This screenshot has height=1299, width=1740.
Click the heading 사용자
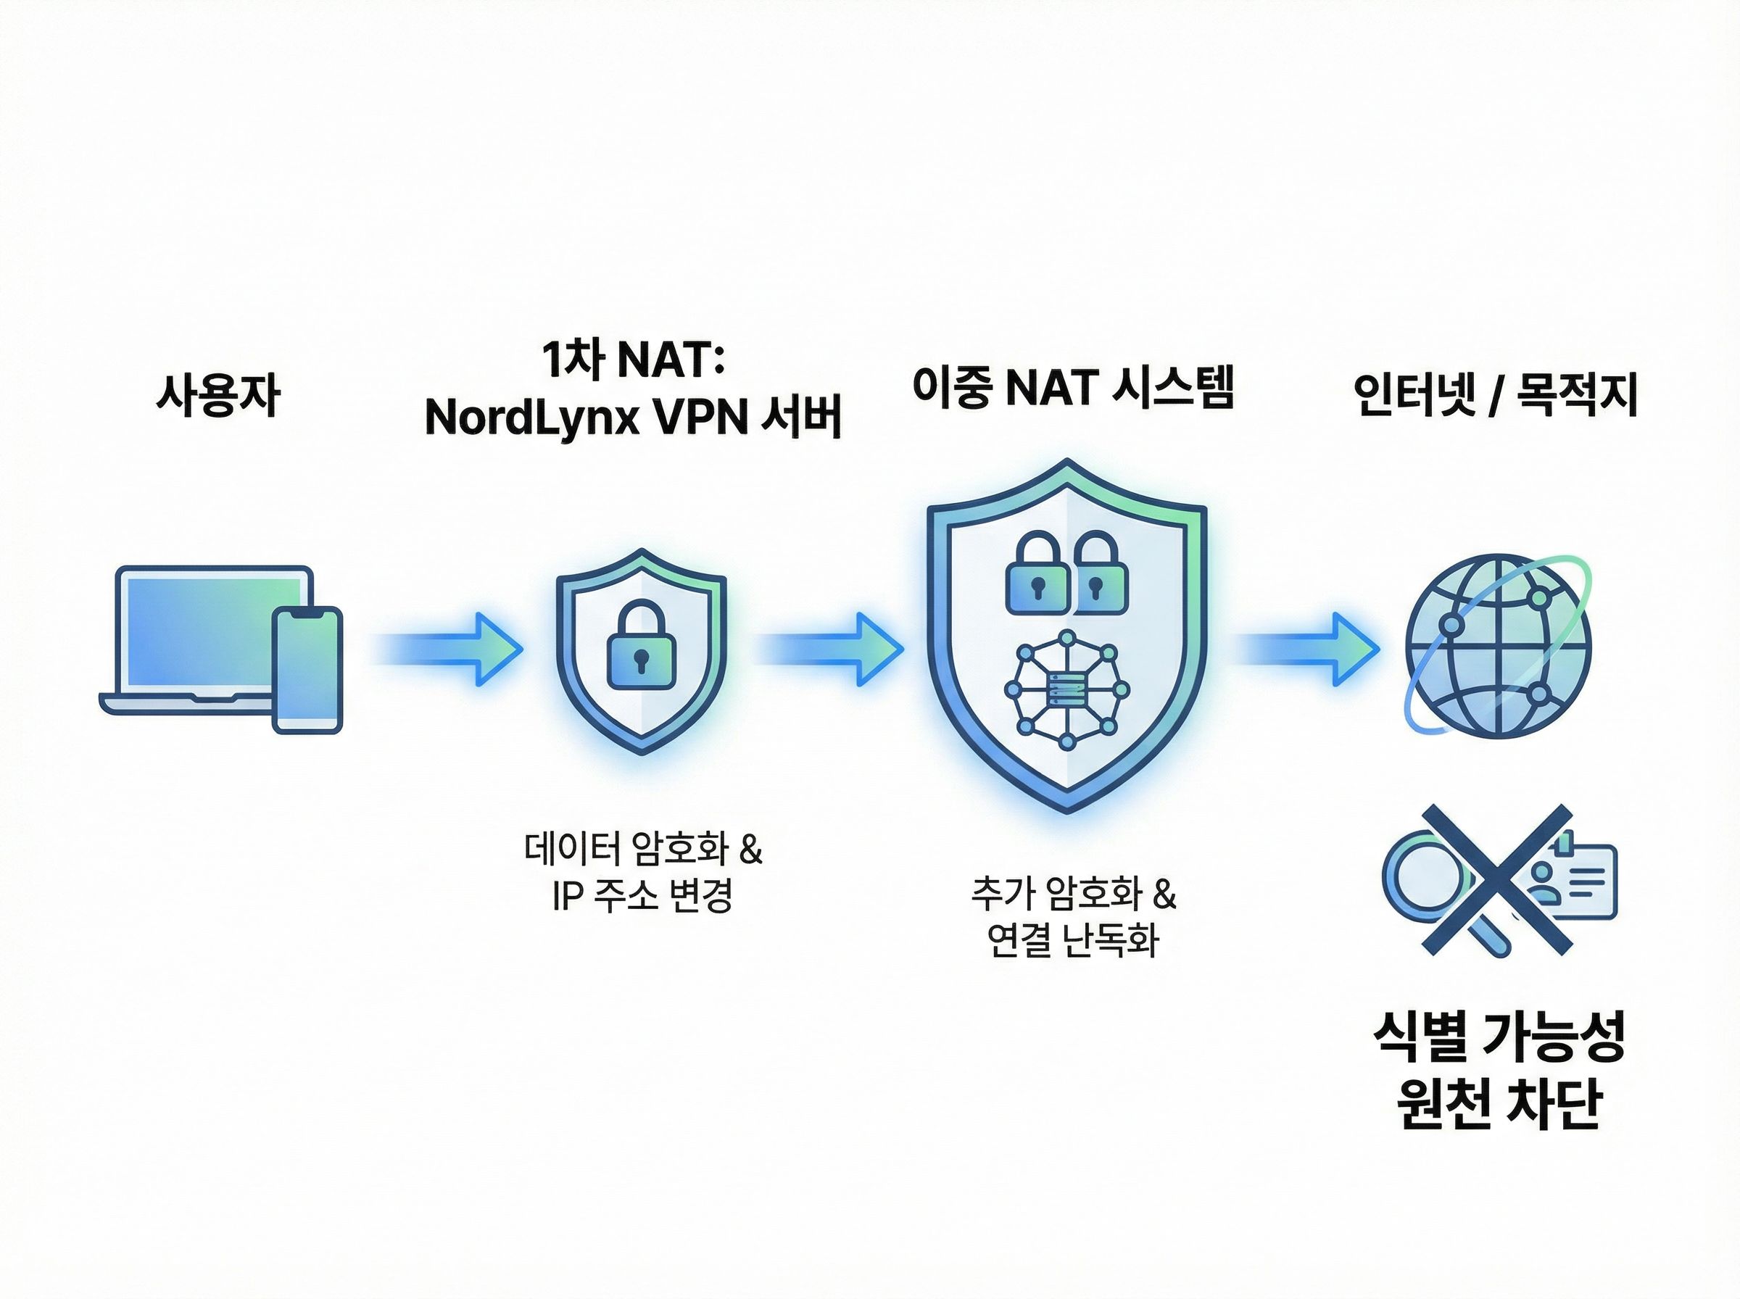coord(217,395)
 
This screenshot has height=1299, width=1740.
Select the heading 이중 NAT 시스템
coord(1073,388)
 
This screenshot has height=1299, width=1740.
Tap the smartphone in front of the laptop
coord(307,670)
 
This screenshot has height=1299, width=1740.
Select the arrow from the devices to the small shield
coord(448,649)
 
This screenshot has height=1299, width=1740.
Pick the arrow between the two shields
coord(829,649)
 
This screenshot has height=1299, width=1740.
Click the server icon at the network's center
coord(1067,690)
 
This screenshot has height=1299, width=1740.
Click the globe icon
coord(1499,648)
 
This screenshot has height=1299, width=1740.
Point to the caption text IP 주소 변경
coord(642,895)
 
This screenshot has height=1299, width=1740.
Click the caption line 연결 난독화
coord(1073,939)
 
